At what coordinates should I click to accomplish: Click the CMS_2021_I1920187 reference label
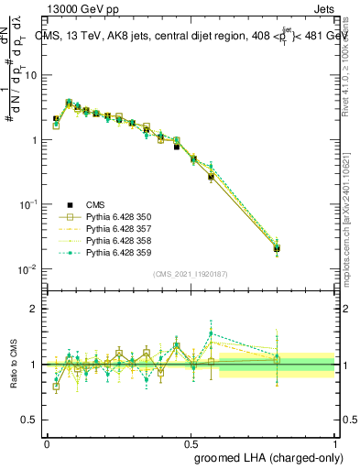point(190,274)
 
